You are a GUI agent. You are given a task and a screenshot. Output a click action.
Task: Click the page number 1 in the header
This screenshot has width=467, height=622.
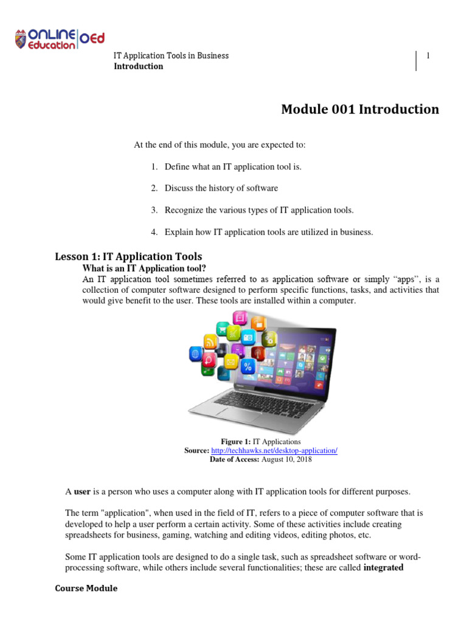(428, 56)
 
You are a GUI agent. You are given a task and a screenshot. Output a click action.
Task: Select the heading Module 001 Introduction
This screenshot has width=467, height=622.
(359, 109)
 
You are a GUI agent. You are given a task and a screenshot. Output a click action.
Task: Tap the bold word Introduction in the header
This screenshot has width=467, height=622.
(139, 66)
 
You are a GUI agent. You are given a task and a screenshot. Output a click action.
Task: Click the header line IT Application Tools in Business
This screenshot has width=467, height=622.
(171, 56)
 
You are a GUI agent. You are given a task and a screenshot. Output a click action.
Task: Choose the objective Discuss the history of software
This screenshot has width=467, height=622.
(221, 188)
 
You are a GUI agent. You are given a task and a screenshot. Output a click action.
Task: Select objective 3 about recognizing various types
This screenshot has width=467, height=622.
(258, 210)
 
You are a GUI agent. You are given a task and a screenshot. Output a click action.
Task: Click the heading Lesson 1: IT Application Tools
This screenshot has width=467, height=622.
(128, 256)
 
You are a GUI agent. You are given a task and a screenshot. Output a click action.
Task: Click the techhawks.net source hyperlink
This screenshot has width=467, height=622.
(274, 451)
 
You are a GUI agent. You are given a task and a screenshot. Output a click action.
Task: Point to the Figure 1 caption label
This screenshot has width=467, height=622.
(235, 442)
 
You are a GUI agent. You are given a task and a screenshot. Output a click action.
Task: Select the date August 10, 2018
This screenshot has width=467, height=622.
(286, 460)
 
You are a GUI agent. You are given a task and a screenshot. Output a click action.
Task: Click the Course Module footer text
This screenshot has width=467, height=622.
(86, 589)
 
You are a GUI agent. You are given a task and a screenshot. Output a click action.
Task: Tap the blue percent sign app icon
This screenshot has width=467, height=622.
(247, 366)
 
